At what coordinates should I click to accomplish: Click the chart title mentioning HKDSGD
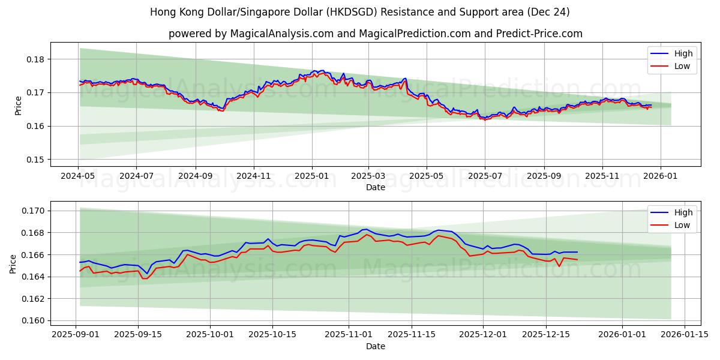click(359, 12)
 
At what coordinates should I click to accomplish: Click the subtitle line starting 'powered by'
click(375, 34)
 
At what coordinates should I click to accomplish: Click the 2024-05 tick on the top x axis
click(78, 176)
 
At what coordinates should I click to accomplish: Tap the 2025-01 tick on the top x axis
click(311, 176)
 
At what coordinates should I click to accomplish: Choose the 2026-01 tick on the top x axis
click(661, 176)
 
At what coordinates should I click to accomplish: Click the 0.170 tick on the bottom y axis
click(32, 211)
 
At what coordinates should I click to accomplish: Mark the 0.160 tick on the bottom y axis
click(32, 320)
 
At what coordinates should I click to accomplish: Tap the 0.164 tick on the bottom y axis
click(32, 277)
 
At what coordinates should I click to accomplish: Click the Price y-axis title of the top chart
click(18, 105)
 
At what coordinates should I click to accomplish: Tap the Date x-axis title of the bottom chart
click(375, 346)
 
